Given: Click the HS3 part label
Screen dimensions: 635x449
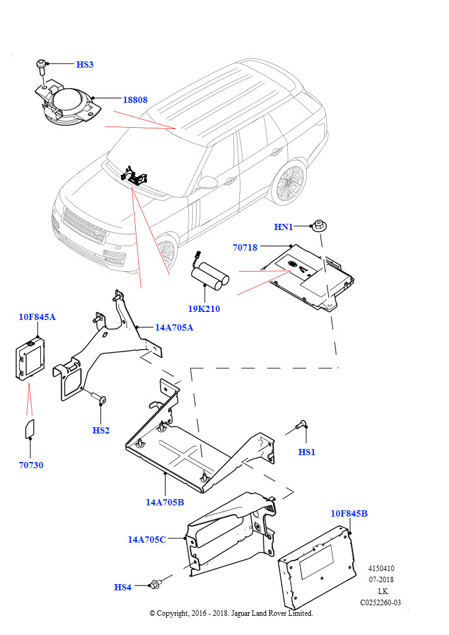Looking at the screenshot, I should coord(84,64).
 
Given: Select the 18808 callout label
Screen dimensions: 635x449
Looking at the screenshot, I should coord(135,99).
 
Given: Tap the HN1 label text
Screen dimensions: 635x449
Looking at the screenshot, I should coord(283,228).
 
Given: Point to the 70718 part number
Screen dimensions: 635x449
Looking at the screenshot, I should coord(245,247).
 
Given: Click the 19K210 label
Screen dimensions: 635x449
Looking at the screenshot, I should coord(204,308).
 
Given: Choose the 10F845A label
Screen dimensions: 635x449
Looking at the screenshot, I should coord(37,317).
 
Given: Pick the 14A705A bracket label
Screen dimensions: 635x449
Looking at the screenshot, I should coord(174,327).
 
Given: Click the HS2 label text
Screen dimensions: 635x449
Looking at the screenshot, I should coord(100,430).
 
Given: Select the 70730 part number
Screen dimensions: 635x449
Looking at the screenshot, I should coord(31,465).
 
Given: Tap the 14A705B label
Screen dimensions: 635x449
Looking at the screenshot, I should coord(165,502).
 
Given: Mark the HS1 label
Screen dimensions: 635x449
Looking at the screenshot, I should coord(307,452).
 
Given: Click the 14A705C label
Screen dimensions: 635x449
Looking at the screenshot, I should coord(147,540).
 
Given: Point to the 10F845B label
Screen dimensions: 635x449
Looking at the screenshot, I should coord(349,513).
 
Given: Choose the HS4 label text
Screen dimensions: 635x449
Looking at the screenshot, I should coord(123,587).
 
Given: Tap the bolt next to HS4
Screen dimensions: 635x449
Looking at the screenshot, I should coord(154,584).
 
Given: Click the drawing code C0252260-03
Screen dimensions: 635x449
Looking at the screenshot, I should coord(381,602).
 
